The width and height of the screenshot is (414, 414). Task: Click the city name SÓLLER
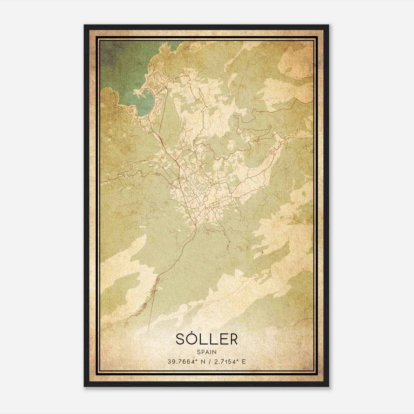pyautogui.click(x=206, y=339)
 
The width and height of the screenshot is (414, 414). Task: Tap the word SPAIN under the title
pyautogui.click(x=206, y=352)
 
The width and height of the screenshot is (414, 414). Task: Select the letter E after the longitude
pyautogui.click(x=243, y=362)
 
